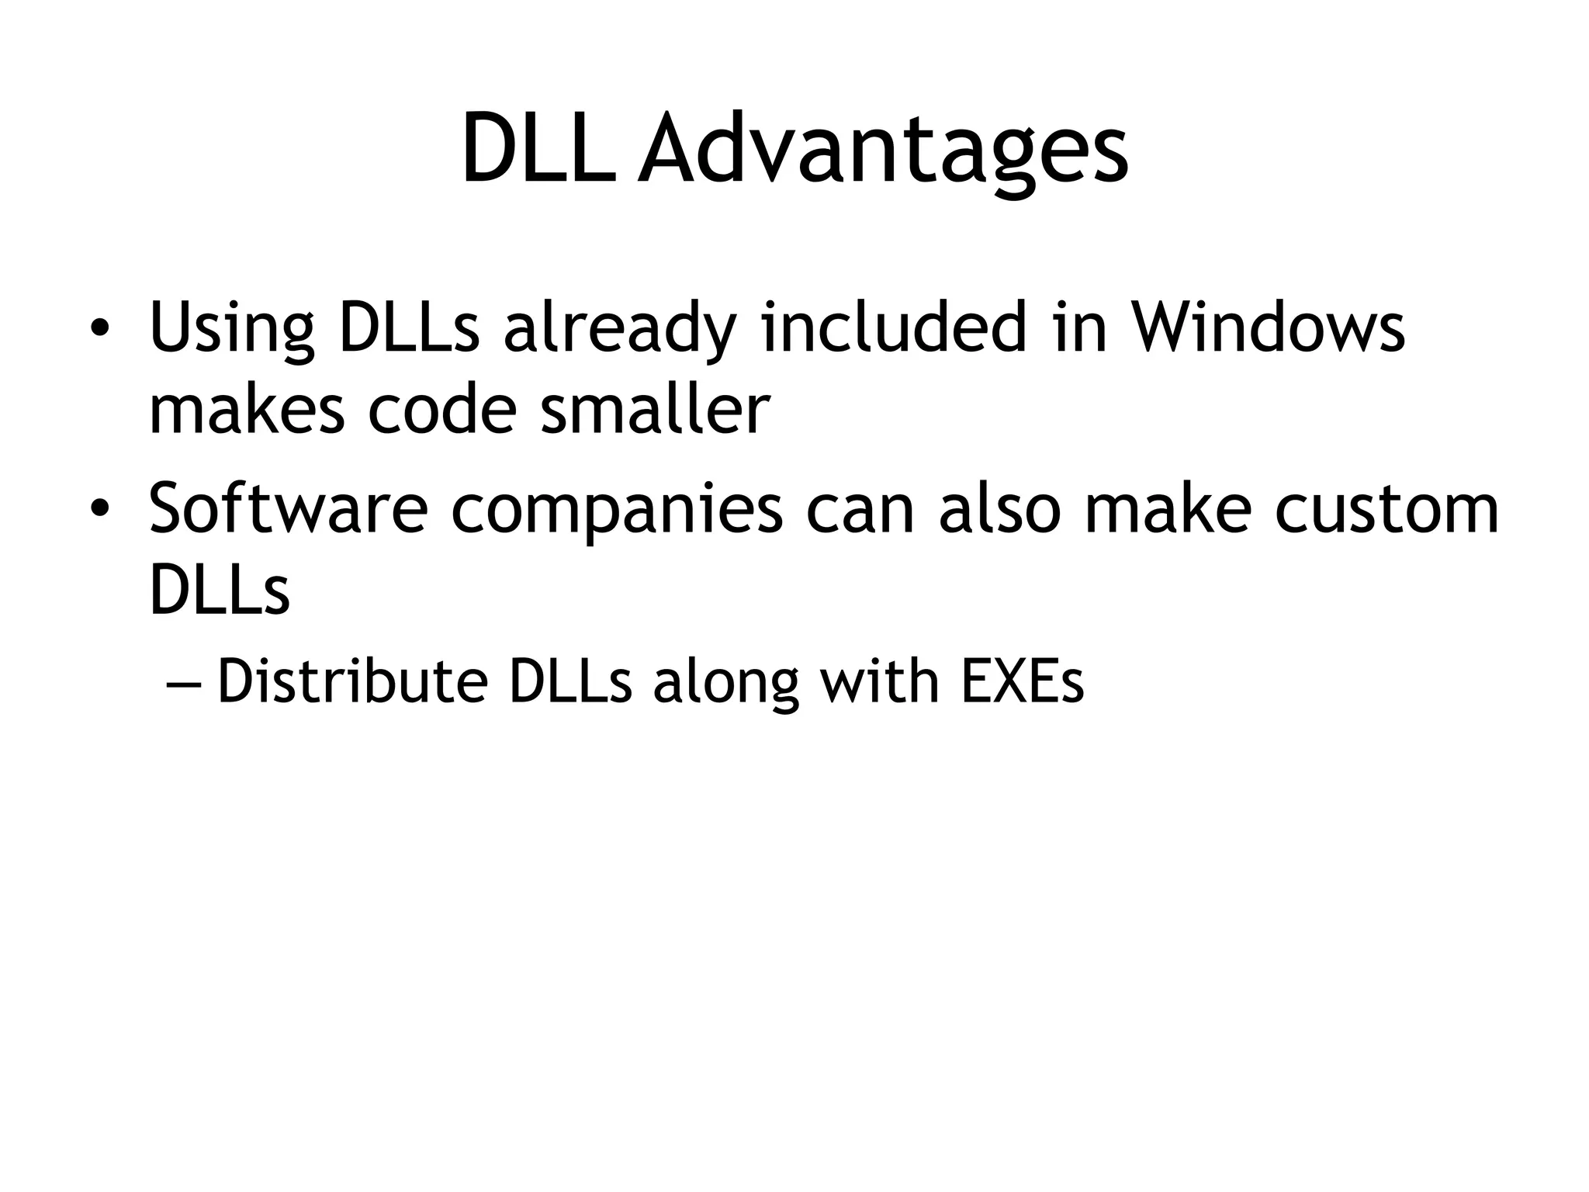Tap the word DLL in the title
coord(538,149)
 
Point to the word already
coord(618,331)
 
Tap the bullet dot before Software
coord(99,509)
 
